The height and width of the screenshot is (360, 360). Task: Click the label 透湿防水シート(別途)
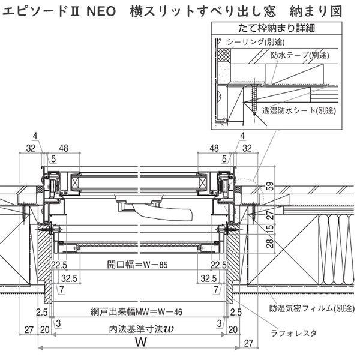[x=298, y=110]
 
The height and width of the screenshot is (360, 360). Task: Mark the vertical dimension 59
[x=270, y=188]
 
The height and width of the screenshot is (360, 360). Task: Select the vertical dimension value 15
[x=270, y=229]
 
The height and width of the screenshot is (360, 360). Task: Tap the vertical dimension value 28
[x=270, y=243]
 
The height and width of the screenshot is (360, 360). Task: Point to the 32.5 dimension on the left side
[x=70, y=278]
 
